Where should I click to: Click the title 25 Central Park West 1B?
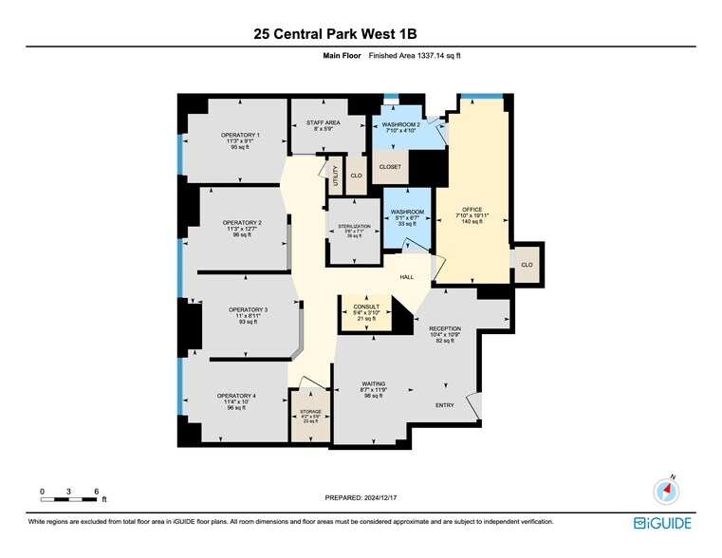[348, 33]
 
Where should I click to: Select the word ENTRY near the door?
[444, 405]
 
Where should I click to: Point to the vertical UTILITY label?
[335, 176]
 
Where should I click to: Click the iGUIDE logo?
[663, 523]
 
